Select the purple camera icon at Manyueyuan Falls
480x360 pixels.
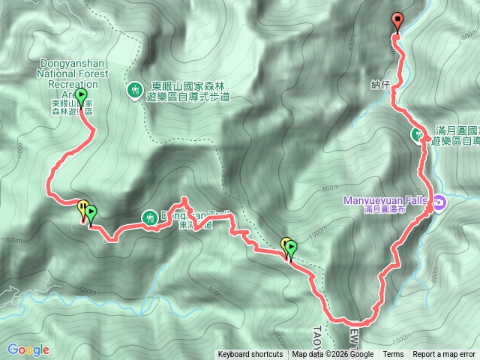[x=439, y=202]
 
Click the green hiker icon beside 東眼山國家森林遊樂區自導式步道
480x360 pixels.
[x=135, y=90]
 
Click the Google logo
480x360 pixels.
[x=28, y=349]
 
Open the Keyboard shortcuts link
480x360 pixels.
[x=250, y=355]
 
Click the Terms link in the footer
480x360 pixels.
[x=393, y=355]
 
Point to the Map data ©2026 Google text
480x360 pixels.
[x=333, y=355]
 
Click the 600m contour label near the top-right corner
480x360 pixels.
[x=469, y=35]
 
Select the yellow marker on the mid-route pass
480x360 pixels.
[x=286, y=244]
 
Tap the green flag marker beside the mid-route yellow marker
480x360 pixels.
[x=291, y=246]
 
